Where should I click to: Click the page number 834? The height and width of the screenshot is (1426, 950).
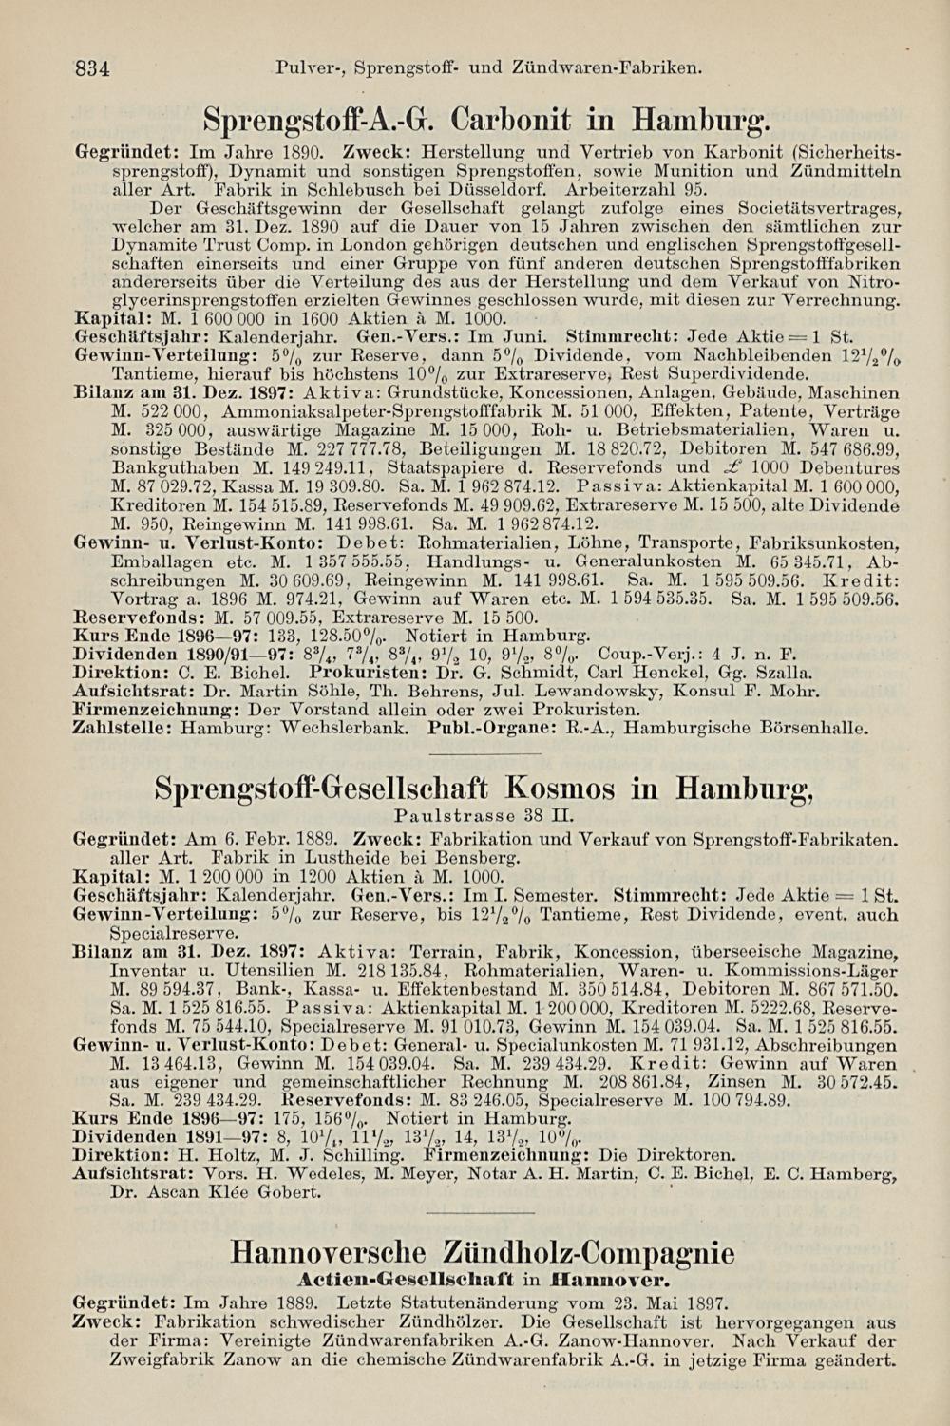click(x=94, y=68)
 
